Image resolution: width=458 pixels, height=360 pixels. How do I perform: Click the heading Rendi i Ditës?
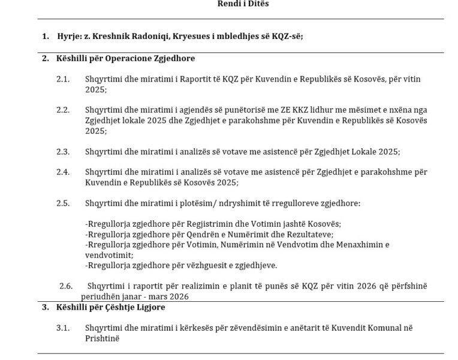pos(243,4)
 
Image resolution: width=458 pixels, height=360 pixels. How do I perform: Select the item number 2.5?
pos(64,203)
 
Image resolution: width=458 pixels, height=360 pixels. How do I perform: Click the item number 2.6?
pos(66,286)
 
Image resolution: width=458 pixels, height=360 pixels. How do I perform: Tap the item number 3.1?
pos(64,328)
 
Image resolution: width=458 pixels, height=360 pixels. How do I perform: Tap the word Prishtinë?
pos(103,338)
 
